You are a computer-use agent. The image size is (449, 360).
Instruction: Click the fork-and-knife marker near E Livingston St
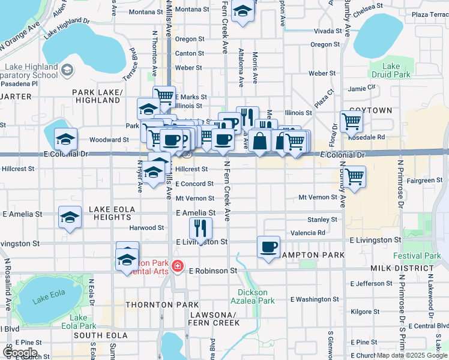pos(200,228)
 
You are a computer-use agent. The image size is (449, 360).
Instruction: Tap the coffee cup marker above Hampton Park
pos(268,246)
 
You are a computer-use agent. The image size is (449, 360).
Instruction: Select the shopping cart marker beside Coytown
pos(351,121)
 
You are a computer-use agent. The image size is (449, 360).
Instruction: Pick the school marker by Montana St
pos(243,12)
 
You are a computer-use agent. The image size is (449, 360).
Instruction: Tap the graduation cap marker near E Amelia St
pos(70,217)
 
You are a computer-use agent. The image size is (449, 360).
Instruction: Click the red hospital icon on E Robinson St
pos(177,266)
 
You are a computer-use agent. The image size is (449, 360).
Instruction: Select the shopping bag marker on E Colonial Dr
pos(260,142)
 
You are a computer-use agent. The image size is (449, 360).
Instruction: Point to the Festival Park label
pos(424,256)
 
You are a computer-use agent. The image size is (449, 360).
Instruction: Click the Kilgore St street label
pos(364,312)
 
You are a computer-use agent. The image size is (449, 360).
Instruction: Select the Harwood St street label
pos(146,228)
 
